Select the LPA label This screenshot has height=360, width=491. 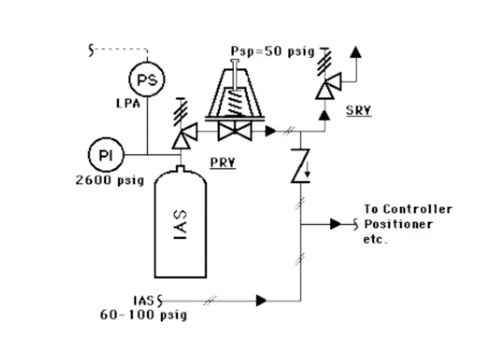point(128,103)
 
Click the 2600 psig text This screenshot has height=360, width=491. point(109,181)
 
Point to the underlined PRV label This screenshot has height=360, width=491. point(222,162)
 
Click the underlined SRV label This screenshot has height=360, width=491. point(359,110)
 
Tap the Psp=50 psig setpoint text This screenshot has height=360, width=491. point(272,51)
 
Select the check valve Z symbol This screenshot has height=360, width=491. point(301,166)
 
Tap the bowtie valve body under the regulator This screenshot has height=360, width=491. point(235,131)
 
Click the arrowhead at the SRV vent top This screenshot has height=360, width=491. point(355,52)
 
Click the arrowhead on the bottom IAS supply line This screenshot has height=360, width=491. point(261,301)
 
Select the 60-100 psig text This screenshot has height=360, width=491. point(144,315)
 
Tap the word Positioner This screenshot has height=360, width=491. point(398,224)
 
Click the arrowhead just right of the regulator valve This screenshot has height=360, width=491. point(271,131)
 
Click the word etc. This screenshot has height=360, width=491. point(375,239)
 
